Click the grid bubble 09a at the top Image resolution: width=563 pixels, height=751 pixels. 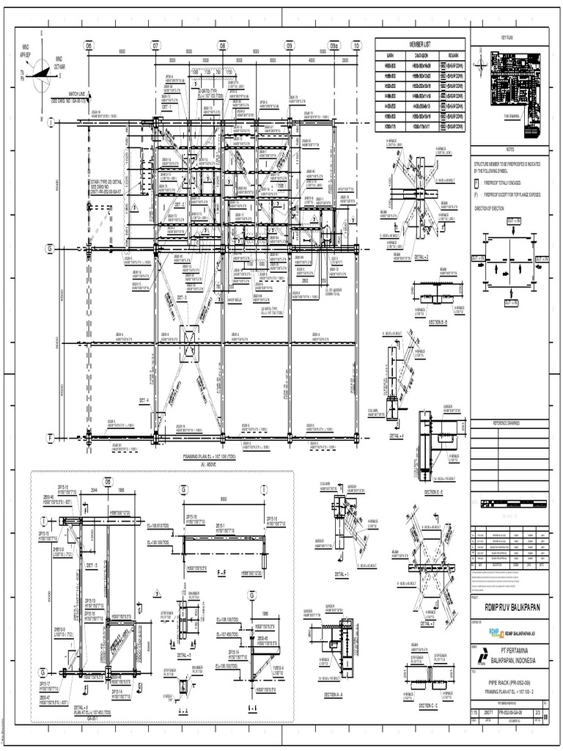pyautogui.click(x=334, y=45)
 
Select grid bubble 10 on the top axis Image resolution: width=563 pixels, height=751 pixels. pyautogui.click(x=356, y=45)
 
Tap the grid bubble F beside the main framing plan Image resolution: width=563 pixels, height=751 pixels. pyautogui.click(x=50, y=438)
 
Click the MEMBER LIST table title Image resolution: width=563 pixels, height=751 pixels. pyautogui.click(x=420, y=44)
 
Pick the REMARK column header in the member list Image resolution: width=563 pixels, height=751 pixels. pyautogui.click(x=450, y=53)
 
